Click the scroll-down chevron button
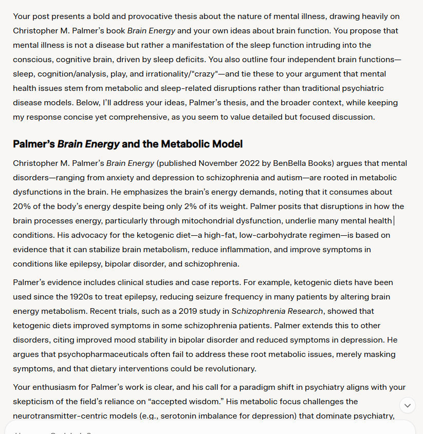(407, 405)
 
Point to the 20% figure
(23, 206)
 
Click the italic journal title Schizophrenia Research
(277, 311)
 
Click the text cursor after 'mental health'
(393, 221)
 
